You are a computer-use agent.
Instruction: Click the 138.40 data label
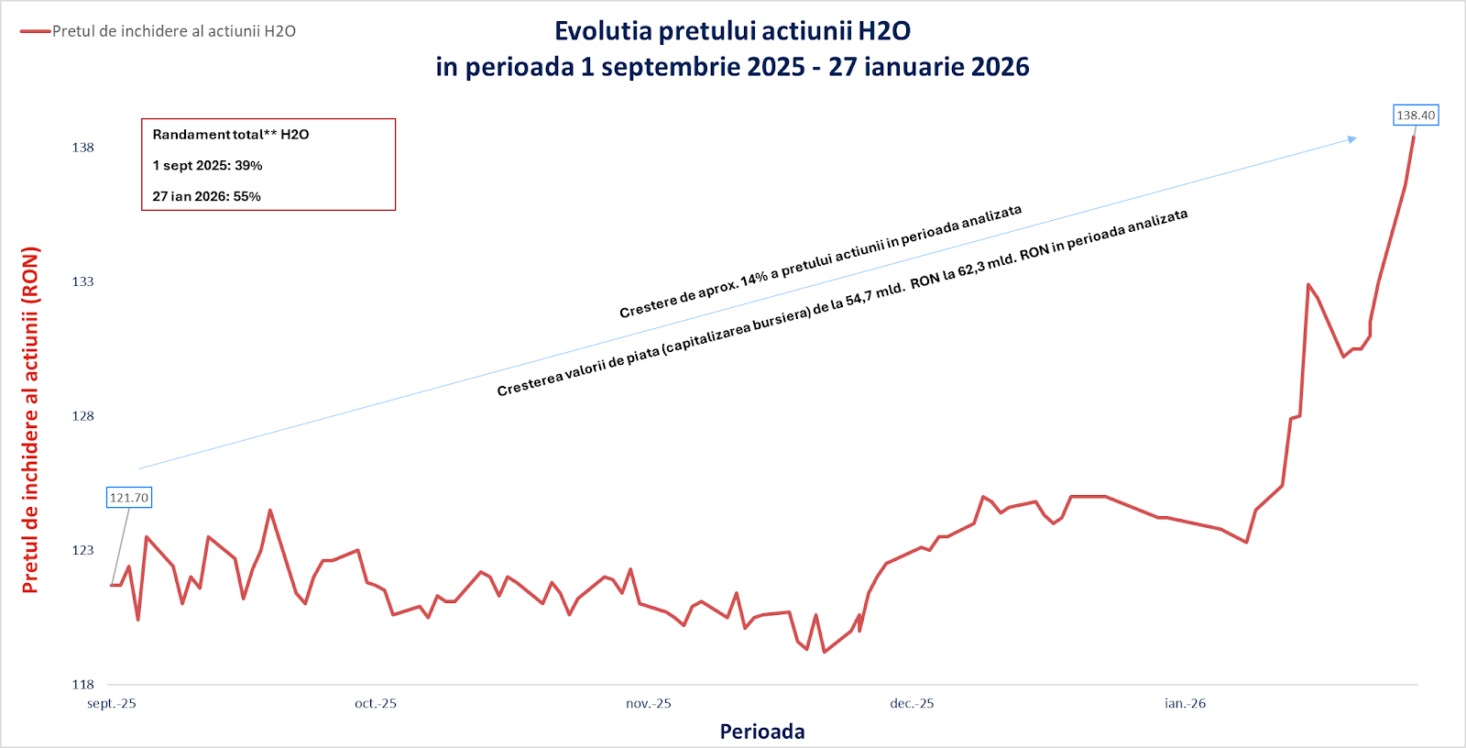(1416, 115)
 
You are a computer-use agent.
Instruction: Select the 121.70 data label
(129, 498)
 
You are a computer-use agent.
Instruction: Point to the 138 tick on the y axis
(83, 148)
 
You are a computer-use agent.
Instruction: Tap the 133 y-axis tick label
(83, 281)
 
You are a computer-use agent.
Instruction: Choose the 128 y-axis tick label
(83, 416)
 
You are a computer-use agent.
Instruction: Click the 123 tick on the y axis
(83, 550)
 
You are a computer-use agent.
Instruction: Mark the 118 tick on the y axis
(83, 685)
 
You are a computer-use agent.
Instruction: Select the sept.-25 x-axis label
(112, 704)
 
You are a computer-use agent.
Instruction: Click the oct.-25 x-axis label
(376, 704)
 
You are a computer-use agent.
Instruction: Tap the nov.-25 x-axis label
(649, 704)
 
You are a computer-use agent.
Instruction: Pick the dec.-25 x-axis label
(912, 704)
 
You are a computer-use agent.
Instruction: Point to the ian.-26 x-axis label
(1185, 704)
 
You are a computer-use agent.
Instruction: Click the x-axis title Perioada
(762, 731)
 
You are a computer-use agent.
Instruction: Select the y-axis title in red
(31, 420)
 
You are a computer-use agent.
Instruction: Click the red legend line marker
(36, 31)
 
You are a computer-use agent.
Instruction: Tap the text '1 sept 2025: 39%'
(207, 166)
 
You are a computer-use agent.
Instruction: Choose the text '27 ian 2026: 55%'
(206, 197)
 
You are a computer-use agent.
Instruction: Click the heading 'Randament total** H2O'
(231, 135)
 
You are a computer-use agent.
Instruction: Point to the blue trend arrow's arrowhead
(1352, 139)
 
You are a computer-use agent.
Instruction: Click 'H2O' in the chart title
(884, 31)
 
